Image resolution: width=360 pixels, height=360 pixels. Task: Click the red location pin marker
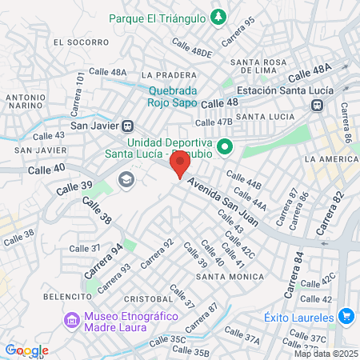click(x=180, y=163)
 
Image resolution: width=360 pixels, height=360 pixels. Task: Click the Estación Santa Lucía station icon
click(x=318, y=105)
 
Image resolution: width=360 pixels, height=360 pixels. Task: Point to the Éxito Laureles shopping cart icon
click(x=346, y=316)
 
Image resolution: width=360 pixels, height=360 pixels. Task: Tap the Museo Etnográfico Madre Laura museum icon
click(x=71, y=321)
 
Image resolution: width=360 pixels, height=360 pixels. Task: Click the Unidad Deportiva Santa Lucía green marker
click(x=226, y=146)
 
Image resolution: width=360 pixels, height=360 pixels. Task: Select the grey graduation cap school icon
click(x=126, y=179)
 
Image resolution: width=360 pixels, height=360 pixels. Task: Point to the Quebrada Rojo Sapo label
click(x=172, y=96)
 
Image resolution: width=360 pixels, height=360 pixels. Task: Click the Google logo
click(x=26, y=350)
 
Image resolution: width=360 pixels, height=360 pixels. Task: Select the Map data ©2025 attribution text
click(x=326, y=354)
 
